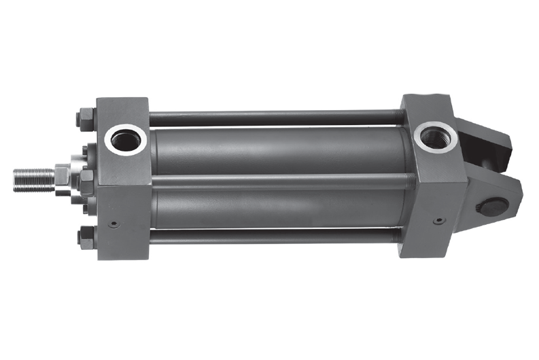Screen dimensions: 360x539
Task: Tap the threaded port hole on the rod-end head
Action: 126,141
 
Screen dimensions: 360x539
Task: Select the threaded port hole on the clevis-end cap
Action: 432,137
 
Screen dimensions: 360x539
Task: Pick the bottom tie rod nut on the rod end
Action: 86,237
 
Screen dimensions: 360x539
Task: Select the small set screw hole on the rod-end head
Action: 114,223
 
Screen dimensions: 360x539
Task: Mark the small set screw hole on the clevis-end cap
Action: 438,221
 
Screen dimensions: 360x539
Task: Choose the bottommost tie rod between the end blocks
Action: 272,236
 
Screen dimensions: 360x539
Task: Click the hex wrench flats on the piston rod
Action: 62,177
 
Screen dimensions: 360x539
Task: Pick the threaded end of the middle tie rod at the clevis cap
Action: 408,181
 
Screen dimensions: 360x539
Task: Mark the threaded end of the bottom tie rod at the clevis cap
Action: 394,236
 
